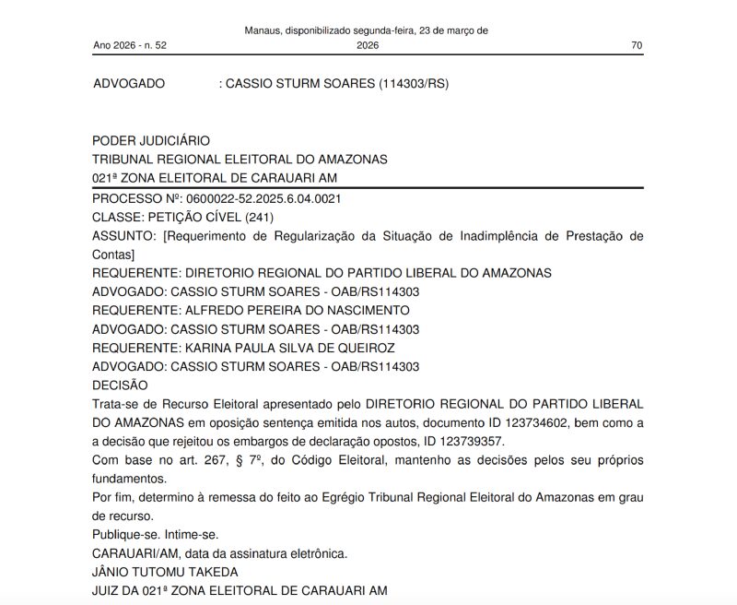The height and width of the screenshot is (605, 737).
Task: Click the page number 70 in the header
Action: click(x=637, y=45)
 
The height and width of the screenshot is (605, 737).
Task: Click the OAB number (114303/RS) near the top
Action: click(x=414, y=84)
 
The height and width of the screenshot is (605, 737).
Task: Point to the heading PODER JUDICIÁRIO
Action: click(x=152, y=141)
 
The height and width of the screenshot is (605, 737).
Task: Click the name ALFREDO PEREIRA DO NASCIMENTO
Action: click(x=298, y=310)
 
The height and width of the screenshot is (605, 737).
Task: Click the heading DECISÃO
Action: click(x=120, y=386)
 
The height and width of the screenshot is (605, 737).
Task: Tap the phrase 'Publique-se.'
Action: click(x=125, y=535)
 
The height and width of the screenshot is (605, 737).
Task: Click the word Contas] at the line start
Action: click(x=114, y=255)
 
